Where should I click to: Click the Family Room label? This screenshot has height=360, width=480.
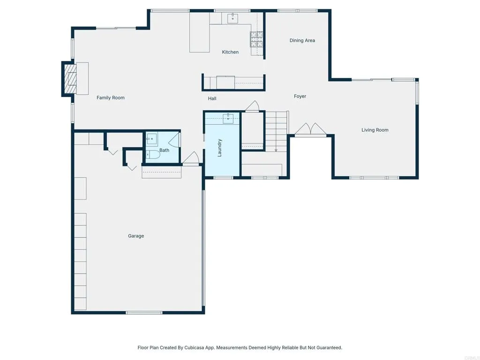[x=111, y=97]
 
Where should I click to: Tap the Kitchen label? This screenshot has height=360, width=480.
[x=230, y=52]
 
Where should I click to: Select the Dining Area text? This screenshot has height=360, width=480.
[x=302, y=40]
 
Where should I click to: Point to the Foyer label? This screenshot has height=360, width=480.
[x=300, y=96]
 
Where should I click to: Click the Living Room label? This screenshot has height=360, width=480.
[x=375, y=130]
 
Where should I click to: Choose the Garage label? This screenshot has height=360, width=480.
[x=136, y=236]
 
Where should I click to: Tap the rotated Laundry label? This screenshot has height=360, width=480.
[x=219, y=147]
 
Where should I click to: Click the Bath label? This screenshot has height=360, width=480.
[x=164, y=150]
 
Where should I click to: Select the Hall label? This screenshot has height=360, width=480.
[x=212, y=98]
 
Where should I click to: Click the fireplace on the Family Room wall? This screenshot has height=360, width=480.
[x=70, y=79]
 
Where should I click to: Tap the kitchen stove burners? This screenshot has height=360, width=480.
[x=256, y=39]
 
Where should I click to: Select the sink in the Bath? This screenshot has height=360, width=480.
[x=151, y=139]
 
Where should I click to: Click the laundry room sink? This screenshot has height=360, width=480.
[x=228, y=117]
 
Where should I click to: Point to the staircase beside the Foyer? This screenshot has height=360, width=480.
[x=276, y=130]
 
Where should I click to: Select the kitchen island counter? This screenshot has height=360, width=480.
[x=199, y=32]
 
